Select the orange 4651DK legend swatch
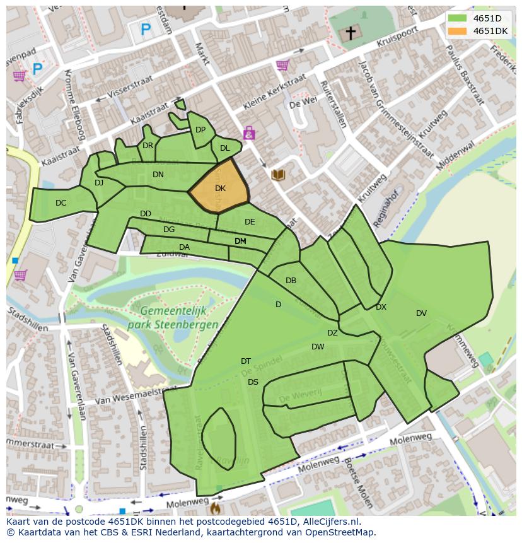(x=458, y=31)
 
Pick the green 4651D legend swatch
(x=458, y=18)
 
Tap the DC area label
(x=61, y=203)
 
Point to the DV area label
(x=421, y=313)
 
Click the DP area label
(x=200, y=130)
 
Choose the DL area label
(x=224, y=148)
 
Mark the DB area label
(x=291, y=281)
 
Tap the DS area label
(x=253, y=382)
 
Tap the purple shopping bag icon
(x=250, y=133)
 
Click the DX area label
(x=381, y=307)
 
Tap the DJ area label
(x=99, y=183)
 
